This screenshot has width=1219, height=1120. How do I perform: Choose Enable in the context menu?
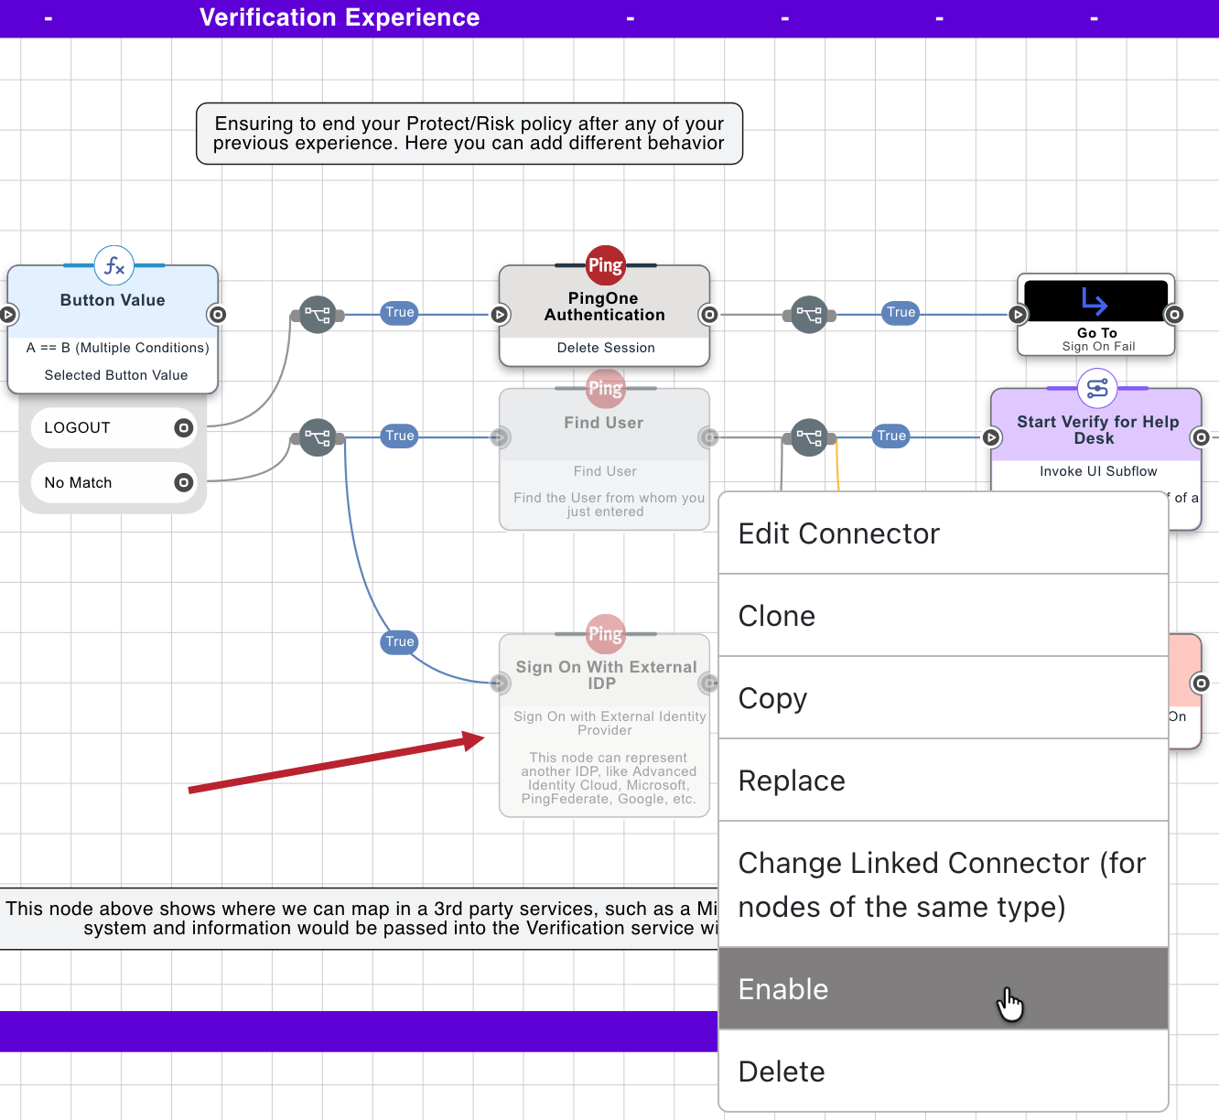click(x=943, y=989)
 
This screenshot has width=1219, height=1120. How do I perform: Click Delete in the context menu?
click(x=943, y=1072)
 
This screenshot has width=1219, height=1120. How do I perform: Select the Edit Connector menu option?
click(x=943, y=533)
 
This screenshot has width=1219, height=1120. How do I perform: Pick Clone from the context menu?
click(x=943, y=616)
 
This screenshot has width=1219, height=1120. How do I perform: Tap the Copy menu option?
click(x=943, y=698)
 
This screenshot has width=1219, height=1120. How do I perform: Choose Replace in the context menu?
click(x=943, y=781)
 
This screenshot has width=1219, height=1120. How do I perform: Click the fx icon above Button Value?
click(x=114, y=265)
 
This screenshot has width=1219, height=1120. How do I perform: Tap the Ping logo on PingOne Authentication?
click(x=605, y=265)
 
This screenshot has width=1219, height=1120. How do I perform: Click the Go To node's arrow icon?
click(x=1095, y=301)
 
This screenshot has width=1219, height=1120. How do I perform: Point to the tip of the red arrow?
click(x=482, y=738)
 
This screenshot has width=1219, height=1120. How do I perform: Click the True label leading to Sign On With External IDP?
click(x=400, y=641)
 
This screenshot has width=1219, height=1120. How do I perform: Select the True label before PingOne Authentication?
click(x=400, y=312)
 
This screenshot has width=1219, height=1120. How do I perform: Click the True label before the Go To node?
click(x=901, y=312)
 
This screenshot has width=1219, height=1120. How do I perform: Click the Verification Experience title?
click(x=340, y=17)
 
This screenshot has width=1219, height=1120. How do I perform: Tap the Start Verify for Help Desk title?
click(x=1096, y=430)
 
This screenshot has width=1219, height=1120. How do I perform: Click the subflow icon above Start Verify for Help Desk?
click(x=1096, y=389)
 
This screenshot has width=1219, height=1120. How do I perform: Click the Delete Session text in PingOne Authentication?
click(x=605, y=348)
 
